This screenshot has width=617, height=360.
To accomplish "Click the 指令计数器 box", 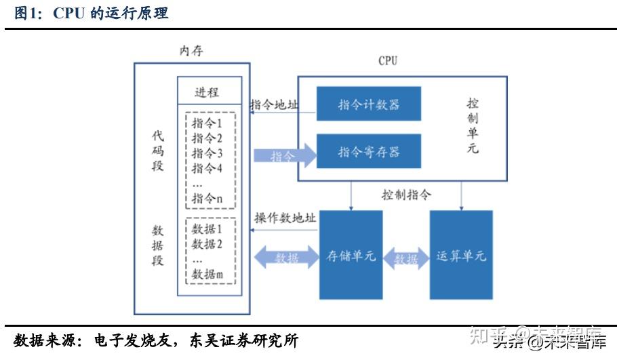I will pos(369,104).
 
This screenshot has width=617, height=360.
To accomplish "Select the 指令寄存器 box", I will pos(369,152).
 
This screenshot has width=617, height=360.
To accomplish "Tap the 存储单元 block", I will pos(351,256).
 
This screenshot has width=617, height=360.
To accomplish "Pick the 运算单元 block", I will pos(461,256).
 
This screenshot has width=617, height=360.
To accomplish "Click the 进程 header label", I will pos(207,93).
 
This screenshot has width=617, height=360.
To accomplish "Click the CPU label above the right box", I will pos(388,61).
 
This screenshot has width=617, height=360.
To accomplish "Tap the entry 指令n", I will pos(207,199).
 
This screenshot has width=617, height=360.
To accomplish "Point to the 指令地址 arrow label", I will pos(274,104).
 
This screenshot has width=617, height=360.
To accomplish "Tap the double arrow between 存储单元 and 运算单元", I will pos(406,259).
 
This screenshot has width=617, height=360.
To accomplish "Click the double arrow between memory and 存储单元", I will pos(285,258).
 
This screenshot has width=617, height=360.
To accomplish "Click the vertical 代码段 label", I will pos(157,151).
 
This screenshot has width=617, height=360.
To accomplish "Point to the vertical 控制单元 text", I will pos(473,126).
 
